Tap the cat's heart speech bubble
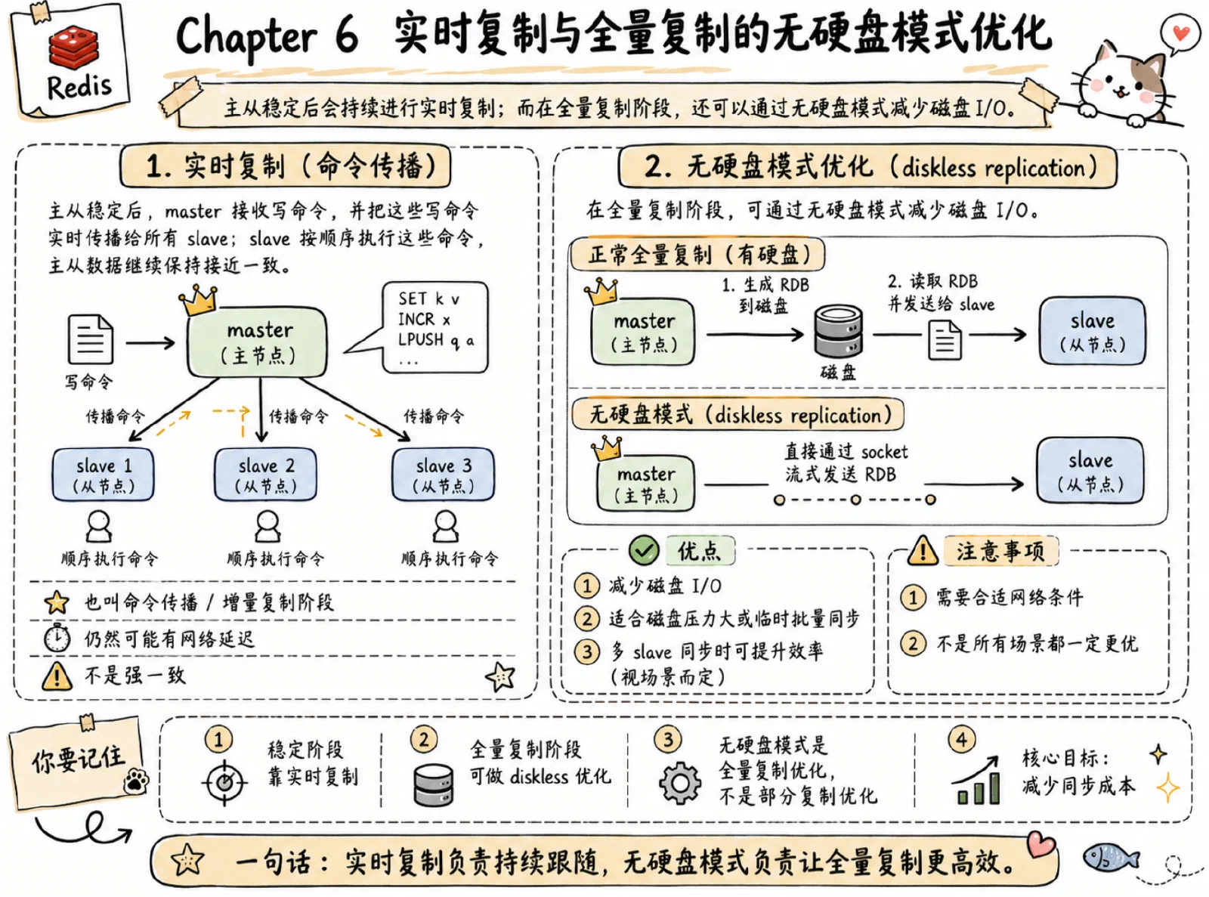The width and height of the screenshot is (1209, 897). [1180, 34]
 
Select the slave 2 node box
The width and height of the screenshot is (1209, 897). [265, 475]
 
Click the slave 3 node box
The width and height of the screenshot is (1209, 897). [443, 475]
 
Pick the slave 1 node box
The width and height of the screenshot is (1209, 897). [103, 475]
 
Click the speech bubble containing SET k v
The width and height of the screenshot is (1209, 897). [425, 328]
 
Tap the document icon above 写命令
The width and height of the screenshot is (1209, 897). [91, 339]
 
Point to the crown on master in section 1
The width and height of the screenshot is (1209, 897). [198, 300]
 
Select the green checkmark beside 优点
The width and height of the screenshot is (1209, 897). [644, 551]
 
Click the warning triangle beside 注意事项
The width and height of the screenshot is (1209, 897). [923, 551]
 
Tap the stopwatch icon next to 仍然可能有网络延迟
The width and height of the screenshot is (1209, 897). [57, 638]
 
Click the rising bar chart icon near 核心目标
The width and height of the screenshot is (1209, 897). [976, 781]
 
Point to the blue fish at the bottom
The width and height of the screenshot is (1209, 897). [1110, 858]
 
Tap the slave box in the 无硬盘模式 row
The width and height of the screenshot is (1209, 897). [1090, 471]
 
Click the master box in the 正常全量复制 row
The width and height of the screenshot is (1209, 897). [643, 332]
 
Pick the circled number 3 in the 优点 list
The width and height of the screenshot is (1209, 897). [587, 651]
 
